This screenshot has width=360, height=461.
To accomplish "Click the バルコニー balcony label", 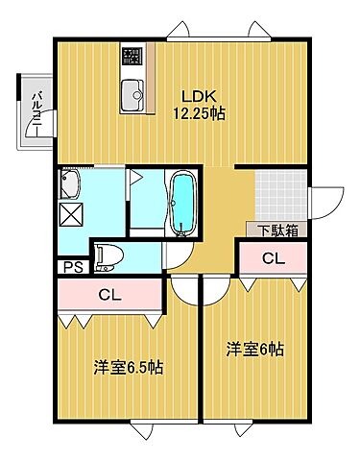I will pyautogui.click(x=36, y=111).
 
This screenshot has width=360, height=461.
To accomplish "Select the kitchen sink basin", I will pyautogui.click(x=132, y=94).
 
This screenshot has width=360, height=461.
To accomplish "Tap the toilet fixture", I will pyautogui.click(x=108, y=255).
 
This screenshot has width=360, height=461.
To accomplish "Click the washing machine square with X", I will pyautogui.click(x=72, y=214).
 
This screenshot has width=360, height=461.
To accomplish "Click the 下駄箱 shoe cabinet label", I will pyautogui.click(x=276, y=230).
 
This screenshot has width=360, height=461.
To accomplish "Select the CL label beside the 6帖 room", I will pyautogui.click(x=273, y=257).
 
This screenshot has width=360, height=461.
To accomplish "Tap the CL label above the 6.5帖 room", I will pyautogui.click(x=109, y=296).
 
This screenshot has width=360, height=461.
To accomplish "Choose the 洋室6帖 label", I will pyautogui.click(x=254, y=349).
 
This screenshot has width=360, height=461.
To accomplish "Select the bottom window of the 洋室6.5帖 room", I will pyautogui.click(x=154, y=425).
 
